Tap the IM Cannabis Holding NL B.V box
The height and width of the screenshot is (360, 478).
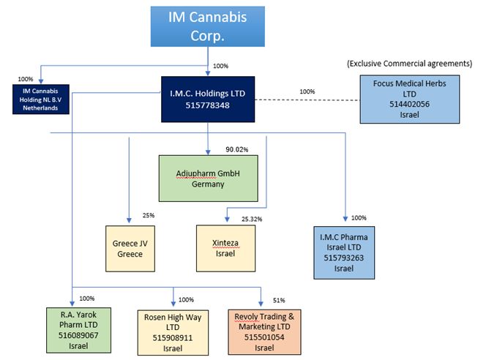point(40,99)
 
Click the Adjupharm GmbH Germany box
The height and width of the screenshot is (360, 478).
point(210,179)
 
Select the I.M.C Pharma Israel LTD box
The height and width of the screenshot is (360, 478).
point(344,252)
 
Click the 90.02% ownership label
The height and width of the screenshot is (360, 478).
point(238,149)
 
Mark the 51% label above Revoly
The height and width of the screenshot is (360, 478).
point(279,301)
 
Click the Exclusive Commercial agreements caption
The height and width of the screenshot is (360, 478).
point(410,64)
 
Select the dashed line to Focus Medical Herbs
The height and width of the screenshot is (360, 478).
point(307,100)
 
